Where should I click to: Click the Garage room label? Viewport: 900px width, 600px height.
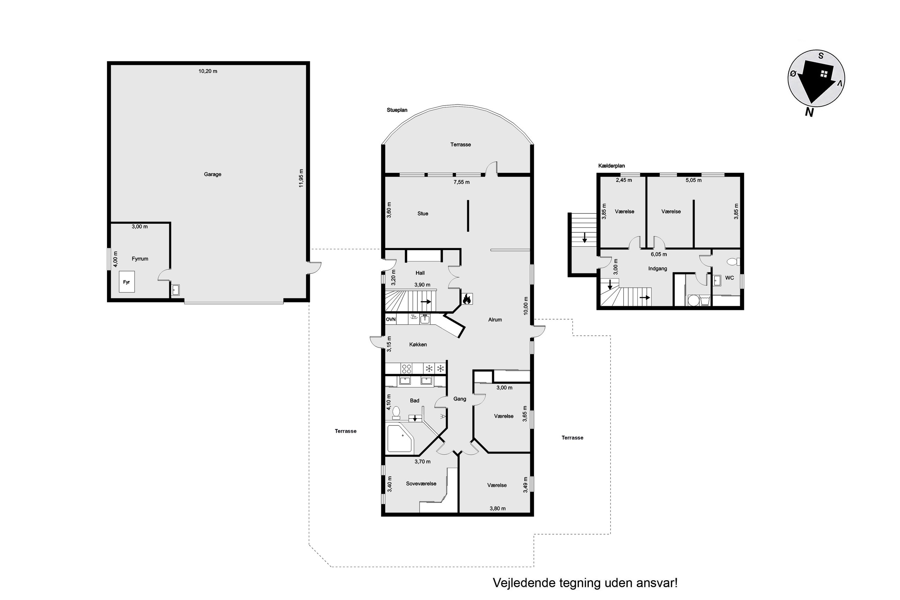click(x=212, y=174)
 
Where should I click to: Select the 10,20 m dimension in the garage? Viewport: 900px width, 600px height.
click(x=208, y=71)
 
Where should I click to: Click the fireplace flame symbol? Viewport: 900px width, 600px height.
click(x=466, y=299)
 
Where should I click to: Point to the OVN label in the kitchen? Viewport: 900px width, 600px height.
click(x=390, y=319)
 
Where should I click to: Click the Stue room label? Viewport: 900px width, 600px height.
click(x=423, y=214)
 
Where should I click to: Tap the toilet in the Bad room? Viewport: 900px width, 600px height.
click(x=396, y=412)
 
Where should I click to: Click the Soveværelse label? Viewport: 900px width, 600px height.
click(x=421, y=483)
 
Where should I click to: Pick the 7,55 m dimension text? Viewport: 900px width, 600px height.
click(x=462, y=182)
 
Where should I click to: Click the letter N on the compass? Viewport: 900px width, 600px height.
click(x=809, y=112)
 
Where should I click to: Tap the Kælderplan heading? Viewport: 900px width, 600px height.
click(x=612, y=166)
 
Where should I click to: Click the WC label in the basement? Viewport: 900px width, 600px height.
click(x=729, y=278)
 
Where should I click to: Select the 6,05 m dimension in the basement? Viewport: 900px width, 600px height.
click(x=659, y=254)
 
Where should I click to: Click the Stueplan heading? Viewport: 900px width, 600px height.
click(x=397, y=110)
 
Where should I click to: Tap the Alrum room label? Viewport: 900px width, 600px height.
click(x=495, y=320)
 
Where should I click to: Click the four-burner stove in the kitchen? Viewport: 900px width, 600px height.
click(x=406, y=368)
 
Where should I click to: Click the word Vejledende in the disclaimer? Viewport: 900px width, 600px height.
click(x=524, y=583)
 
